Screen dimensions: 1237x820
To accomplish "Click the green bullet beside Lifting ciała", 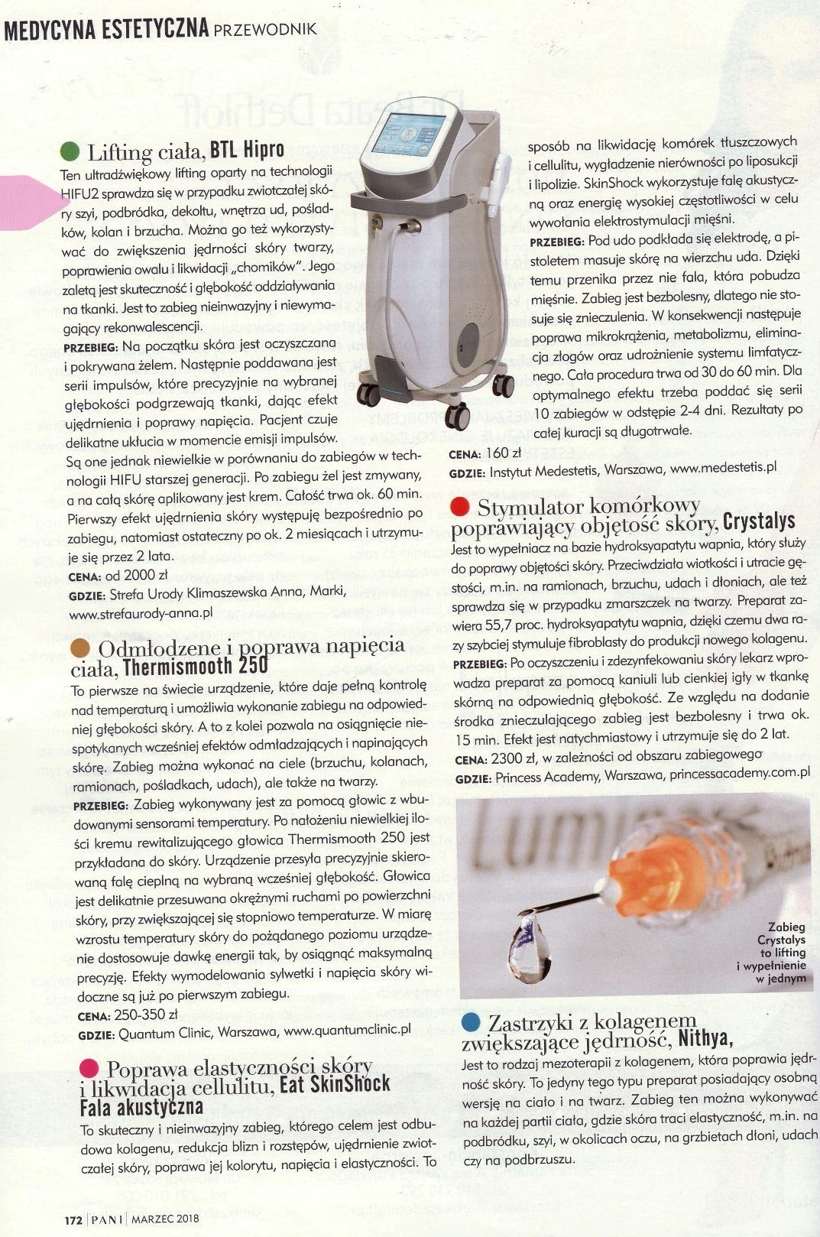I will (70, 149).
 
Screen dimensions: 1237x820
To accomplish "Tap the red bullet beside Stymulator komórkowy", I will (460, 506).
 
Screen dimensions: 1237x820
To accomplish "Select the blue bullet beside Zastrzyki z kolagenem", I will (472, 1022).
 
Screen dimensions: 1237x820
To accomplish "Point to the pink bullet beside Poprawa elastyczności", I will (89, 1068).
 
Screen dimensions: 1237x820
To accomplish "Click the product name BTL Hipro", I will (247, 149).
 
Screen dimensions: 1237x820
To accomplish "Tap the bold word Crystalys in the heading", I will (759, 522).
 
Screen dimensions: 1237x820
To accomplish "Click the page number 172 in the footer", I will (72, 1219).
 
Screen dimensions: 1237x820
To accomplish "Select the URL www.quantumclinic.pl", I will (348, 1030).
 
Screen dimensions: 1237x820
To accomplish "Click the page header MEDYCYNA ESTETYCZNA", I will (106, 29).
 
